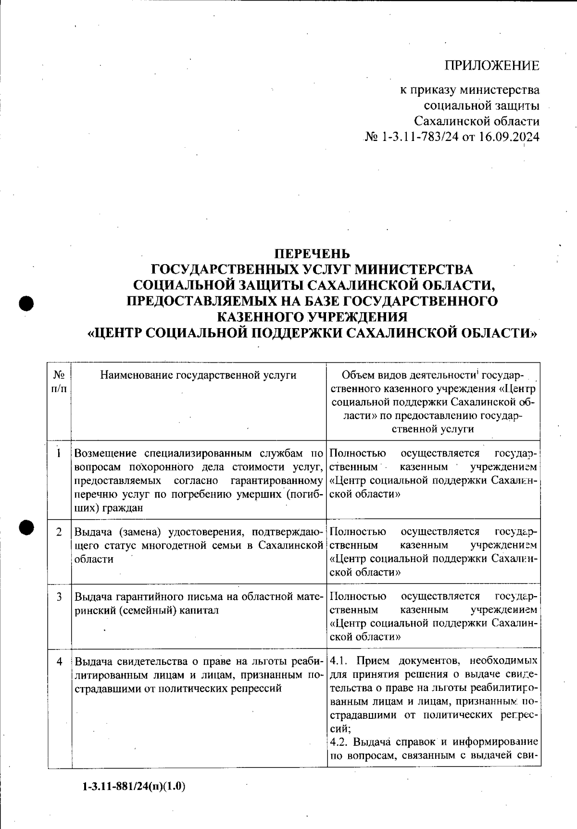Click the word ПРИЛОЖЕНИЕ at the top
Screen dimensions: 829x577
pos(491,65)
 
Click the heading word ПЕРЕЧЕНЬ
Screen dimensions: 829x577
pos(312,253)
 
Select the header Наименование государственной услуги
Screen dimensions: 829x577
pos(198,375)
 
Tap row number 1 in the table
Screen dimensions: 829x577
pos(59,453)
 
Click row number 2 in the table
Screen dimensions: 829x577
pos(59,532)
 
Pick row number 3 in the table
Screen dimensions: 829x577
pos(59,597)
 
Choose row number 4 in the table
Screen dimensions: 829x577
pos(59,662)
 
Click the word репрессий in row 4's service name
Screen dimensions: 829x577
pos(258,688)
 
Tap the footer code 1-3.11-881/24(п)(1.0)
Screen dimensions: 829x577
pos(134,787)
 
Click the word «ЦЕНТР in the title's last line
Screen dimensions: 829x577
pos(113,333)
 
